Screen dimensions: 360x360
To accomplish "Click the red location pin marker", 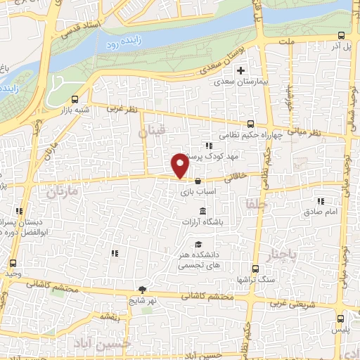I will [x=180, y=165].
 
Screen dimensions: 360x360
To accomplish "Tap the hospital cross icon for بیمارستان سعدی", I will [x=240, y=70].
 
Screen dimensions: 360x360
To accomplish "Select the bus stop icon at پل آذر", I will [x=341, y=34].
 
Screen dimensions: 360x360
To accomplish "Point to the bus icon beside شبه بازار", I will [x=75, y=98].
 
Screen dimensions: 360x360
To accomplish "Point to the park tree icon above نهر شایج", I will [x=143, y=289].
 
